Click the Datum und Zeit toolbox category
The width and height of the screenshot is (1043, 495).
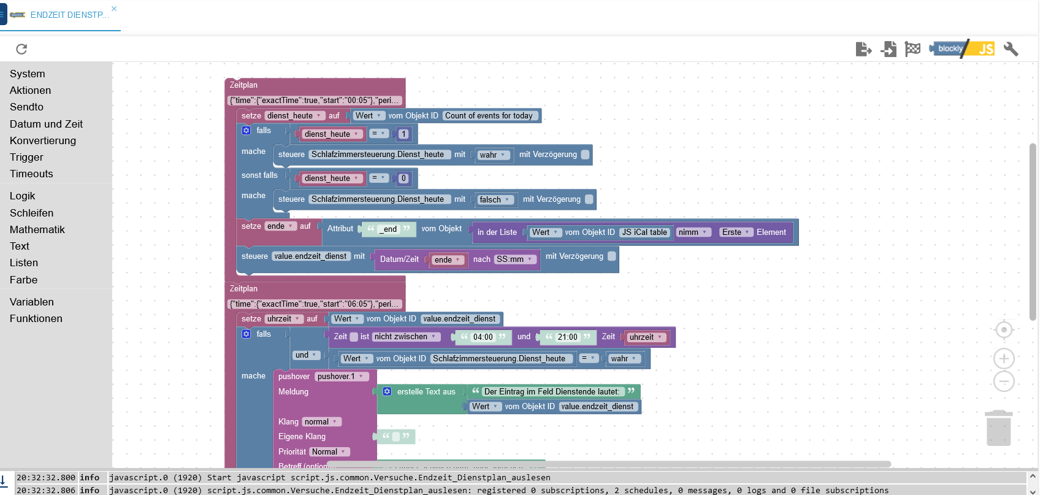[46, 124]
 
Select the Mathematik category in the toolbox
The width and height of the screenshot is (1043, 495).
[37, 229]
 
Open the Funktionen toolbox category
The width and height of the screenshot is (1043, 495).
[36, 318]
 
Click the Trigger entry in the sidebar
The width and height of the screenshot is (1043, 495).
[26, 157]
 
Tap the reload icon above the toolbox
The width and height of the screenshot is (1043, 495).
[21, 49]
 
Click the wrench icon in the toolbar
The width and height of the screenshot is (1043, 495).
[1011, 49]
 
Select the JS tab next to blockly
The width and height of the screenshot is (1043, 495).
[985, 49]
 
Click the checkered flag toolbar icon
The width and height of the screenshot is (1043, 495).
[912, 49]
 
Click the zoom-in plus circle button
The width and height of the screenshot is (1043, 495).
[1004, 359]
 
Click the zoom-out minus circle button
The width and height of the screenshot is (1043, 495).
[1004, 382]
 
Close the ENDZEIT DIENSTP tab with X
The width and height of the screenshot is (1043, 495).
[114, 9]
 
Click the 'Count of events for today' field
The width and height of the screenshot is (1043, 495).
[489, 116]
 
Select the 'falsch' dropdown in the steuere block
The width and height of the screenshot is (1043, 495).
[494, 200]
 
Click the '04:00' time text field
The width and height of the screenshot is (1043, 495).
[483, 337]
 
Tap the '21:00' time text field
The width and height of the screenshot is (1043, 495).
[567, 337]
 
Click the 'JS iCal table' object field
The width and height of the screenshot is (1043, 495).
[644, 232]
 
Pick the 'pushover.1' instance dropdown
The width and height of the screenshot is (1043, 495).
[340, 377]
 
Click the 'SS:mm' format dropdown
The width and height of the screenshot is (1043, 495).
[514, 259]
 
